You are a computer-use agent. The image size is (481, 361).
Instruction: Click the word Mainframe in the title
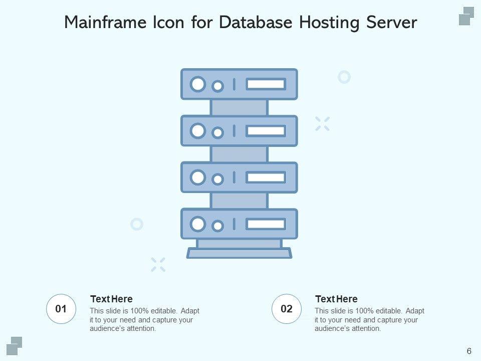coord(105,23)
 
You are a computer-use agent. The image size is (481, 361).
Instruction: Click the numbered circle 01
coord(61,309)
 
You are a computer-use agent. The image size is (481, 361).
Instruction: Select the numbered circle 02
coord(287,309)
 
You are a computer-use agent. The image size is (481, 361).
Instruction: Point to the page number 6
coord(468,350)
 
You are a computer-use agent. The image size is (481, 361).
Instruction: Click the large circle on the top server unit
coord(198,84)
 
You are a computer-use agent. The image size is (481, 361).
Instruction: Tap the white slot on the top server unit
coord(266,84)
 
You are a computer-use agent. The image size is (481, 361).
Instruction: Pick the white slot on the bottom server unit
coord(266,224)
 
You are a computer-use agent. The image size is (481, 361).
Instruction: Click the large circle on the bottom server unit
coord(198,224)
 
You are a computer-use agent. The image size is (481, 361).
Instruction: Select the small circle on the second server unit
coord(217,133)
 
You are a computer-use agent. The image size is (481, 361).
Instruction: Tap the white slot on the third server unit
coord(266,177)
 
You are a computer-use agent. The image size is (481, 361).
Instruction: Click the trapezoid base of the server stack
coord(239,253)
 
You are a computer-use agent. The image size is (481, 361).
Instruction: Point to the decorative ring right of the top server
coord(344,77)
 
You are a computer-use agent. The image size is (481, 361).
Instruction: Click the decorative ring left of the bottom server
coord(137,224)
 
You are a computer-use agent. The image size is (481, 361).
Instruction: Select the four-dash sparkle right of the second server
coord(322,123)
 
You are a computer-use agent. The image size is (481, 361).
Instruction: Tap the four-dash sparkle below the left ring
coord(158,264)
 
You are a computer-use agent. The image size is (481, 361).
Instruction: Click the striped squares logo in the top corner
coord(466,16)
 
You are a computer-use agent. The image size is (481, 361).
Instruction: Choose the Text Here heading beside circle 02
coord(336,299)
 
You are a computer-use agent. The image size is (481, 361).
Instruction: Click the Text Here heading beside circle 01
coord(111,299)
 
